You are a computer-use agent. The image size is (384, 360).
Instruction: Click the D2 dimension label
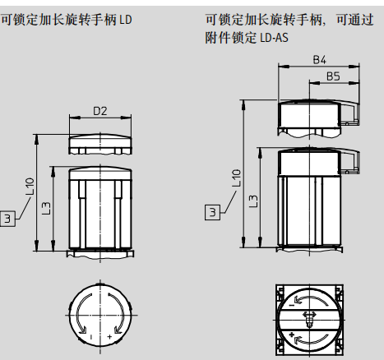pos(100,111)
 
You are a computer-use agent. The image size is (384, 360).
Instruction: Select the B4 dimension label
pos(320,60)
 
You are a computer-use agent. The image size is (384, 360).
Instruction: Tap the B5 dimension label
pos(333,76)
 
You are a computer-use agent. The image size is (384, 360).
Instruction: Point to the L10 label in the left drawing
pos(30,187)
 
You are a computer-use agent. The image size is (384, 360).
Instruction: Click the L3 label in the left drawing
pos(47,208)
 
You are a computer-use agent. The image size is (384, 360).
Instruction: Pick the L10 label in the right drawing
pos(236,178)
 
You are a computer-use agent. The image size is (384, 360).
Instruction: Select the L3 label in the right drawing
pos(253,201)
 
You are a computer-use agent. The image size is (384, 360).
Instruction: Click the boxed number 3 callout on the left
pos(7,219)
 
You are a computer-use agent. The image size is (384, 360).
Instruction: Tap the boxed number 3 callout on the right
pos(212,212)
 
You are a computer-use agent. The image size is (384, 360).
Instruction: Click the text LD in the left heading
pos(126,20)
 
